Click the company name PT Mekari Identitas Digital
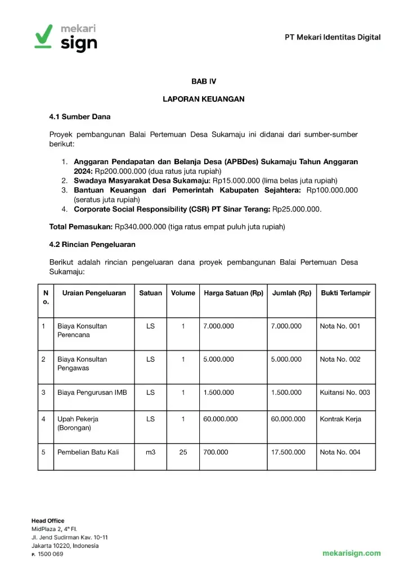(x=332, y=38)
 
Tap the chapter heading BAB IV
(x=203, y=82)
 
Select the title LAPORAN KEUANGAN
(x=203, y=99)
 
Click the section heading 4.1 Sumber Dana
(x=80, y=117)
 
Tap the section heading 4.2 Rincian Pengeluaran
(x=92, y=245)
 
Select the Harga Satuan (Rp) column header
(x=233, y=293)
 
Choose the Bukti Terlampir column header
(x=346, y=293)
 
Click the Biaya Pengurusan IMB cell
(x=92, y=393)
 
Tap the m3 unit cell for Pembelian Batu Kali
(x=150, y=452)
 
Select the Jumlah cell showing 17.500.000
(x=288, y=452)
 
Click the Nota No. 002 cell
(x=340, y=359)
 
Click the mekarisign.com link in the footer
(x=351, y=553)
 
